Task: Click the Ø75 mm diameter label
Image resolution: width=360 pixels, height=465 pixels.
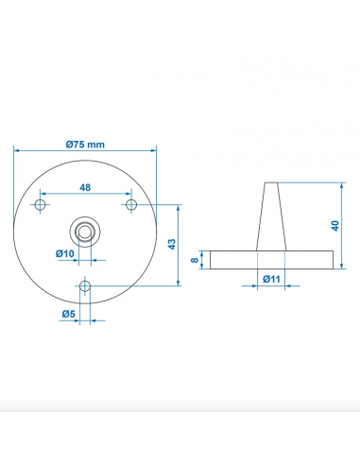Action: pyautogui.click(x=85, y=144)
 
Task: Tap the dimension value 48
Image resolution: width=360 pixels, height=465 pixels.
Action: pyautogui.click(x=85, y=188)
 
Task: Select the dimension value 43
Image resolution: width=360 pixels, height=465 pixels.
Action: pyautogui.click(x=171, y=244)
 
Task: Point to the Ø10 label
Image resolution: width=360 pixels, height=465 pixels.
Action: pyautogui.click(x=65, y=253)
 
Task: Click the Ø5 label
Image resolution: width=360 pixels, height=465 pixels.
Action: pyautogui.click(x=68, y=313)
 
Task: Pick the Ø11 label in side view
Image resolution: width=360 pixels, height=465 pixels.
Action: pyautogui.click(x=270, y=279)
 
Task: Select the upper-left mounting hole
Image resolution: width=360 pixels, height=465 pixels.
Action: pyautogui.click(x=41, y=204)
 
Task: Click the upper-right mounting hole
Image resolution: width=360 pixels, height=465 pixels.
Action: pyautogui.click(x=130, y=204)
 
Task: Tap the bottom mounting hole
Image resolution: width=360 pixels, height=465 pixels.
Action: pyautogui.click(x=86, y=285)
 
